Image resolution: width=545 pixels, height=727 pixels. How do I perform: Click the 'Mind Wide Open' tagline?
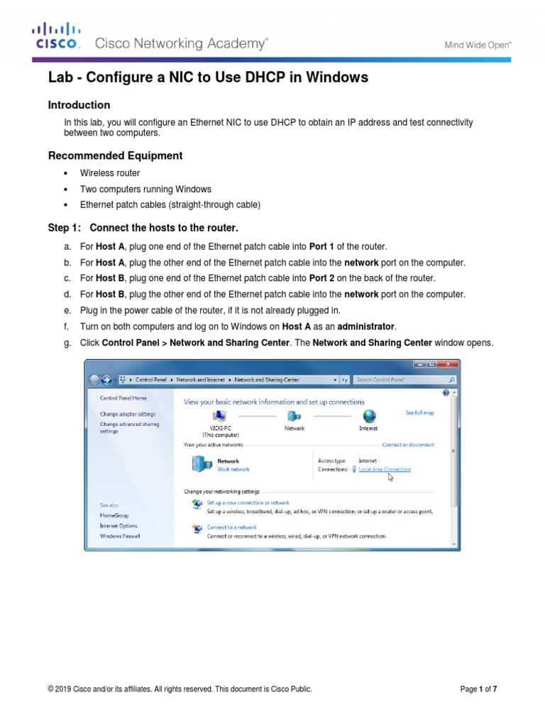pos(478,45)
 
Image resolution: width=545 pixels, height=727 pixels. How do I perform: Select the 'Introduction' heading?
pos(79,105)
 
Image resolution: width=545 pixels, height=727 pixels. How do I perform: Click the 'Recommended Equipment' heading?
pos(115,155)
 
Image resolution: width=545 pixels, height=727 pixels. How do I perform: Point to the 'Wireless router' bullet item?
pos(109,173)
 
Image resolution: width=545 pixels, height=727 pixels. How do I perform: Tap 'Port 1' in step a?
pos(321,246)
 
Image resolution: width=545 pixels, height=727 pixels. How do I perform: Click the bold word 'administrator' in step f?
pos(365,326)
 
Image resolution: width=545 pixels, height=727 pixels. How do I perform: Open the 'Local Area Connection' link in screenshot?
pos(384,469)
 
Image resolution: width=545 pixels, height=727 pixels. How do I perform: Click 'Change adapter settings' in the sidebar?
pos(127,414)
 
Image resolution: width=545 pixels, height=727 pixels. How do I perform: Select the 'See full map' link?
pos(419,412)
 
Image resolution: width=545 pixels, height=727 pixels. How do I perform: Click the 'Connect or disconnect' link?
pos(407,445)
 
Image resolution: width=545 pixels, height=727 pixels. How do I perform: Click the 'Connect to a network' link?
pos(231,528)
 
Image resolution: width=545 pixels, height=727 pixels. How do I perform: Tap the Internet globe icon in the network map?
pos(369,416)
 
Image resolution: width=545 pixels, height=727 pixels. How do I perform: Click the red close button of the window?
pos(446,366)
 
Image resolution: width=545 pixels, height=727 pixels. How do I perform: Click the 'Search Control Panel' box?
pos(401,380)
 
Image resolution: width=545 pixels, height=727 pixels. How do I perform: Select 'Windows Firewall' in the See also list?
pos(120,536)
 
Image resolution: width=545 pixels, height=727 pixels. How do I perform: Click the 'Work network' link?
pos(233,469)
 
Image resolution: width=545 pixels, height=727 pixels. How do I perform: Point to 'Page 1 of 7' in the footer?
pos(483,689)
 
